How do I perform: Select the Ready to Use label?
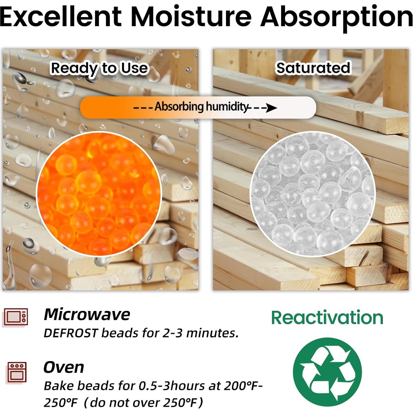100,69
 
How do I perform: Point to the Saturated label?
313,68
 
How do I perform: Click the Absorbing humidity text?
201,107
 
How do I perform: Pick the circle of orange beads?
99,194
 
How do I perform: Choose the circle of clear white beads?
312,194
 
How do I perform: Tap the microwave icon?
16,317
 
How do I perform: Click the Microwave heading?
87,314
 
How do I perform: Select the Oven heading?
64,367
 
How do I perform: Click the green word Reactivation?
327,317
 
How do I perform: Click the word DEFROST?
71,333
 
